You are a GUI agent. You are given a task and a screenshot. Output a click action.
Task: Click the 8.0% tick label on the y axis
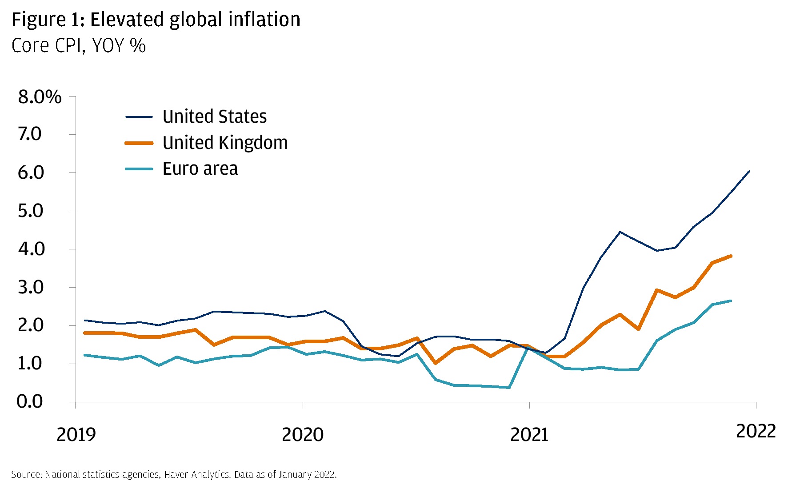[40, 97]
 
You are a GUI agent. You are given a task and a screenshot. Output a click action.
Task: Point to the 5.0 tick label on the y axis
[31, 211]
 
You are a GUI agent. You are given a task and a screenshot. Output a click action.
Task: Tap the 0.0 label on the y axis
[30, 401]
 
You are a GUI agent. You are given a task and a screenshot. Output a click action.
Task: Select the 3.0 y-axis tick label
[31, 288]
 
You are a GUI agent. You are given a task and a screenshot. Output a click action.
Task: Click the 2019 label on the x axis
[76, 434]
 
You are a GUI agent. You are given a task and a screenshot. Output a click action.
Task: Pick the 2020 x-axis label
[303, 434]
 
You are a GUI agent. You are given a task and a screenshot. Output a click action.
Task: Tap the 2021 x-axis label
[529, 434]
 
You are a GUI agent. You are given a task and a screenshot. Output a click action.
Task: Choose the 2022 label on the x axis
[756, 431]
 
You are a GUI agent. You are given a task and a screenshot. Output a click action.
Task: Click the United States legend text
[215, 117]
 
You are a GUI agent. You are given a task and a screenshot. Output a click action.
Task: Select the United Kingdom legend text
[225, 143]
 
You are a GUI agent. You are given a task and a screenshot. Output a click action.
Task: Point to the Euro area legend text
[200, 169]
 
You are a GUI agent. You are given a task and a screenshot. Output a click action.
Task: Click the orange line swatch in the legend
[139, 143]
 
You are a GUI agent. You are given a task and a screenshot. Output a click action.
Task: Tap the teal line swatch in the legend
[139, 169]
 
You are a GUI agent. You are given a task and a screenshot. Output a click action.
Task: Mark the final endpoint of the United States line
[749, 171]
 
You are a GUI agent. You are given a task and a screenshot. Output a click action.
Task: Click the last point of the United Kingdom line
[731, 256]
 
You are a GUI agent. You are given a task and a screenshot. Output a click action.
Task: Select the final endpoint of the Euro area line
[731, 301]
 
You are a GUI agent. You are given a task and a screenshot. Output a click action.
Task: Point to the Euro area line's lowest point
[509, 388]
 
